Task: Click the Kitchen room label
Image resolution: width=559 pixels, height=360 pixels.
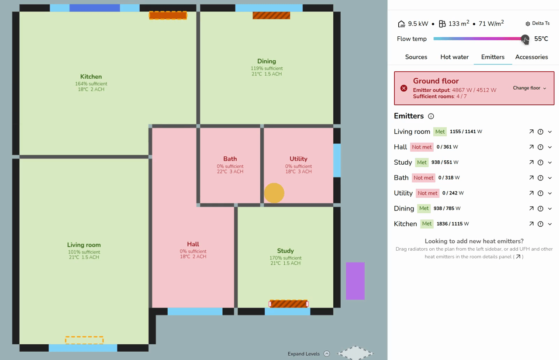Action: coord(91,76)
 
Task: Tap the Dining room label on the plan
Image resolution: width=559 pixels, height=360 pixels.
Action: coord(266,61)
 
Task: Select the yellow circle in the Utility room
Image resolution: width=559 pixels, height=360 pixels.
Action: coord(274,193)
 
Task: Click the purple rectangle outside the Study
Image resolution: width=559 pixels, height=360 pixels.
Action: coord(355,281)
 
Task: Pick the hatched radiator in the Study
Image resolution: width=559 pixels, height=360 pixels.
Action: coord(289,304)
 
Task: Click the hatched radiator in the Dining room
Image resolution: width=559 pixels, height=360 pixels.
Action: coord(271,15)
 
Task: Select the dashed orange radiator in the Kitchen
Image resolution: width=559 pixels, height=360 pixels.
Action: coord(168,15)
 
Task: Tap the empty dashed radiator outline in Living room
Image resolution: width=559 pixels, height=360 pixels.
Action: coord(84,340)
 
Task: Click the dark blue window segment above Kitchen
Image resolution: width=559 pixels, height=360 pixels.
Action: coord(95,8)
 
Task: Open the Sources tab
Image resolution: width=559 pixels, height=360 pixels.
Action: coord(416,57)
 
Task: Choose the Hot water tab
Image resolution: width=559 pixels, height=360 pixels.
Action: coord(455,57)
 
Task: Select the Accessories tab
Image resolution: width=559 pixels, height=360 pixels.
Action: coord(531,57)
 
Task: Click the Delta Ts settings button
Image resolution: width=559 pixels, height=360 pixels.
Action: coord(537,24)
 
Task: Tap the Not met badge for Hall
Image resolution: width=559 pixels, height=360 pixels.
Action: coord(421,147)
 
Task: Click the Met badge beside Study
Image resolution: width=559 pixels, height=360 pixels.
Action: coord(422,162)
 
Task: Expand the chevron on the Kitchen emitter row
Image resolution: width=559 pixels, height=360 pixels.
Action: coord(550,224)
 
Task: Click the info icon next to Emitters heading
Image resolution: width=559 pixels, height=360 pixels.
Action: coord(431,116)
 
